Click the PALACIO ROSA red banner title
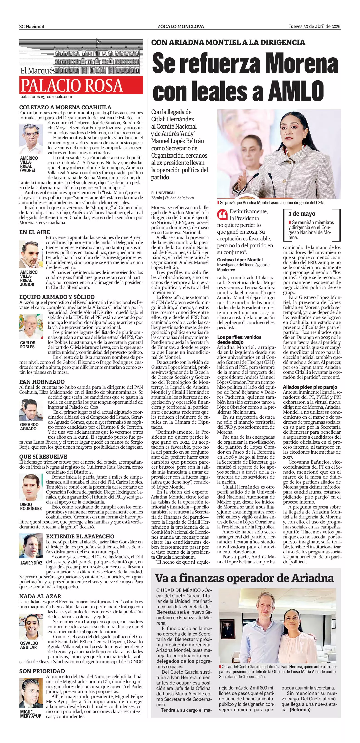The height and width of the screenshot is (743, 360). (71, 85)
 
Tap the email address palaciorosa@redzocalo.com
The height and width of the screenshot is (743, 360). (46, 97)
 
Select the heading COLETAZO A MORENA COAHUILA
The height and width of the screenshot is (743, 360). (65, 107)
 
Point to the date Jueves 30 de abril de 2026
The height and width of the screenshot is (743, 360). (314, 26)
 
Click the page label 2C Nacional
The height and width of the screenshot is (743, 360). (32, 27)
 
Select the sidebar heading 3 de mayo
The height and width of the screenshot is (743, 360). (302, 214)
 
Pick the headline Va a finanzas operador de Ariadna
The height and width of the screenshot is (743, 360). (244, 376)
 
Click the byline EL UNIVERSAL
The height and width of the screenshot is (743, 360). (163, 193)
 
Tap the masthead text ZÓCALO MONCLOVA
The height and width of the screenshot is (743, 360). (181, 27)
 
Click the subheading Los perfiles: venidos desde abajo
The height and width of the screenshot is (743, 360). (239, 340)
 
